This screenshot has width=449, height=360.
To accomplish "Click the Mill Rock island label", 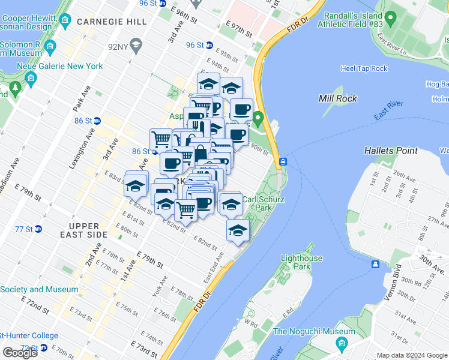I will point(338,98).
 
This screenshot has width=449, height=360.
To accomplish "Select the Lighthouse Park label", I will point(303,262).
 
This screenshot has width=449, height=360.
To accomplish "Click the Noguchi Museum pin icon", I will point(342,344).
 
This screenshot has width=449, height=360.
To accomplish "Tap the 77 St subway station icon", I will point(38,229).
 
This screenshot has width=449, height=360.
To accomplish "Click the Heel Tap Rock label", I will point(364,68).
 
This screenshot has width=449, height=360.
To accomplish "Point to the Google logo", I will point(20,353).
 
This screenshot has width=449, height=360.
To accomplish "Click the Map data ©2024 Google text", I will point(411,355).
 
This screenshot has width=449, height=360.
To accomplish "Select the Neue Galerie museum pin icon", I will point(31,79).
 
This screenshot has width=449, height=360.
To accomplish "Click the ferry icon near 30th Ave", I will point(375,264).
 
